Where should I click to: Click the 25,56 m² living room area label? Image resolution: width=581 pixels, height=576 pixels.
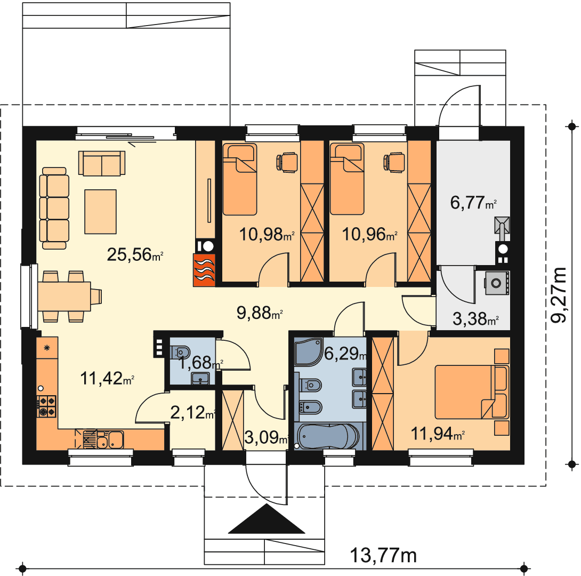135,254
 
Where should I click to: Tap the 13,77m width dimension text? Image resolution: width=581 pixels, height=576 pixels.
383,555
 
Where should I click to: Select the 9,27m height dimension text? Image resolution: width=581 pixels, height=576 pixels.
559,295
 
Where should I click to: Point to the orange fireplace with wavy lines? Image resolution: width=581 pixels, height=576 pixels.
204,270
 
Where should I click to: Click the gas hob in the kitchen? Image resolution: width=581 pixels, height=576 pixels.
46,406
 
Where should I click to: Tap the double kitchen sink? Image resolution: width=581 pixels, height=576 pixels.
110,439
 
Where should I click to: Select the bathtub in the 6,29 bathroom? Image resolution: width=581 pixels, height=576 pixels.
328,436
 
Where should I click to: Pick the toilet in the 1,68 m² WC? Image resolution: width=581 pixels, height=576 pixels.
181,352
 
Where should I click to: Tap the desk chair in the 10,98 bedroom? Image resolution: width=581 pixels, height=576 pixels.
287,162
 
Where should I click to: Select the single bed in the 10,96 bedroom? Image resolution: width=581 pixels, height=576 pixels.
347,179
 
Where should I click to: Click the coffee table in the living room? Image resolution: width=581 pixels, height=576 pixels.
100,212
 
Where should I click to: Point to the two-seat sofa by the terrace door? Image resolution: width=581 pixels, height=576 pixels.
102,163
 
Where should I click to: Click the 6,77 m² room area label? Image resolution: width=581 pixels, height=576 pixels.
473,202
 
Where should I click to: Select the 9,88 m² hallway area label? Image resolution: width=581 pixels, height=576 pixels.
260,313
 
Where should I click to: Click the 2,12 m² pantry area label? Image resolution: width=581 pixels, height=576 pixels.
192,412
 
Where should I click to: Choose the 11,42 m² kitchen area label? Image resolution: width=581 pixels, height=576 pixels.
107,378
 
